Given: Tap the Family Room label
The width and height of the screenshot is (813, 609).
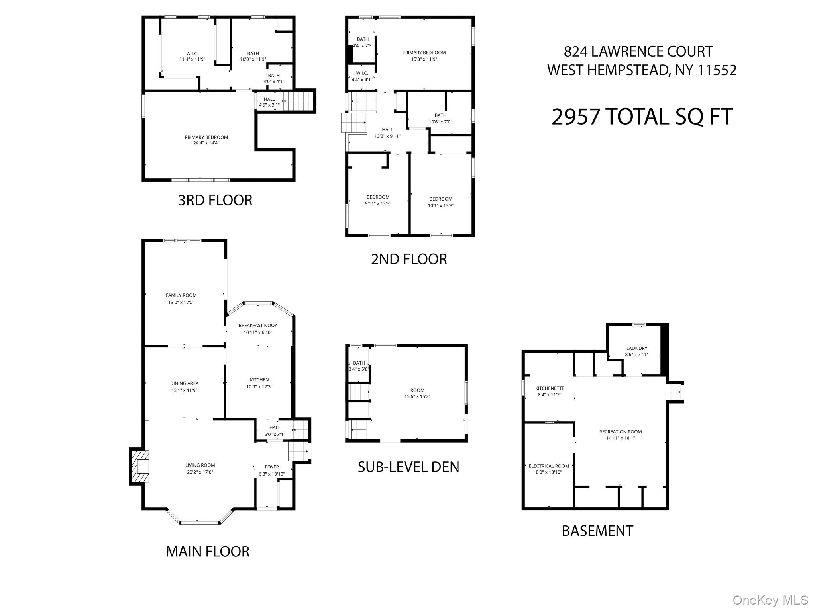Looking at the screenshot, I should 181,295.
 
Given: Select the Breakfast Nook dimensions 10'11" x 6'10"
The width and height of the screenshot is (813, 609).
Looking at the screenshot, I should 258,332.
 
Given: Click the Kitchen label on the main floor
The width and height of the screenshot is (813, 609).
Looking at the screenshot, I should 259,380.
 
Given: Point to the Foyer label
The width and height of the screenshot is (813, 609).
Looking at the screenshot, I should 272,467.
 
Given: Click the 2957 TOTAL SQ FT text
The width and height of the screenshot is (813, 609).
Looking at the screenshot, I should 642,117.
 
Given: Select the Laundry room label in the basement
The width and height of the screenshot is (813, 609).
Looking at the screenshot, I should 636,348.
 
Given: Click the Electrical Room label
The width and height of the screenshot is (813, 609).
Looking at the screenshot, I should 549,466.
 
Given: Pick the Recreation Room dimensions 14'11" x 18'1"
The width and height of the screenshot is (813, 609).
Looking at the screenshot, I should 621,438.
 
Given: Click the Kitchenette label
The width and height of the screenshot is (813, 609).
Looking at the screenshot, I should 550,388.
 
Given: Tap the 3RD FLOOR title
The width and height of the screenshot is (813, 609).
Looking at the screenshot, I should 215,200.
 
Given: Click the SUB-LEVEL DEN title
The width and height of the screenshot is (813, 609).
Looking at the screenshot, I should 408,467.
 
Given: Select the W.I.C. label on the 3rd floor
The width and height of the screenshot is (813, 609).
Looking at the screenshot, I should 192,53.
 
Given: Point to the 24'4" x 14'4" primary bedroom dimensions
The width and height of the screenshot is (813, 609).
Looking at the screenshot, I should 206,143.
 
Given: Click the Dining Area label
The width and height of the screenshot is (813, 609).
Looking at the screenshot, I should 184,384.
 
